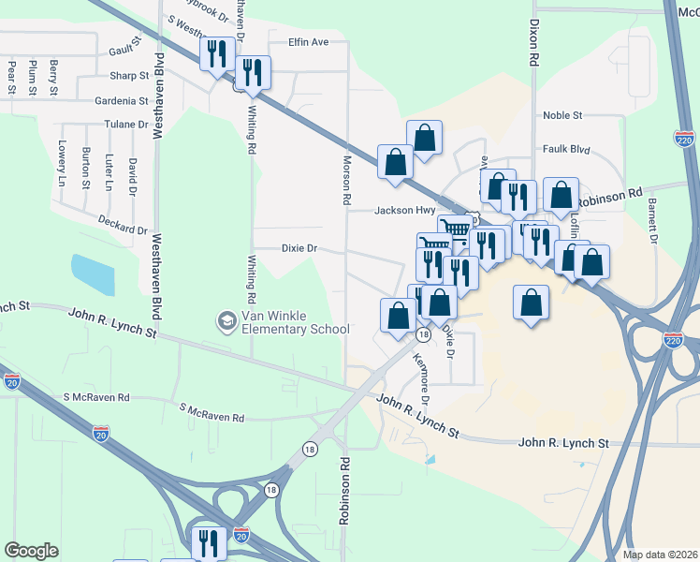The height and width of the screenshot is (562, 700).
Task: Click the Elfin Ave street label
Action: pyautogui.click(x=309, y=42)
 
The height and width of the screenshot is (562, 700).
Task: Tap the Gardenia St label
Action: pyautogui.click(x=122, y=100)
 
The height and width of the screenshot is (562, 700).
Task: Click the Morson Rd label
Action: pyautogui.click(x=345, y=181)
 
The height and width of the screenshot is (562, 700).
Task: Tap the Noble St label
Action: pyautogui.click(x=563, y=115)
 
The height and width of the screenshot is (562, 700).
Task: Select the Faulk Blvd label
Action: pyautogui.click(x=566, y=149)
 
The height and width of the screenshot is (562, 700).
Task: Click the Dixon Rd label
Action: pyautogui.click(x=533, y=45)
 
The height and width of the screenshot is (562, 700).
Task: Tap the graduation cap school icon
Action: pyautogui.click(x=226, y=321)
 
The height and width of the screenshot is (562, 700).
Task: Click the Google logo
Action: pyautogui.click(x=31, y=551)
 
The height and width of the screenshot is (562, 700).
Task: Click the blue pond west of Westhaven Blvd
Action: pyautogui.click(x=94, y=274)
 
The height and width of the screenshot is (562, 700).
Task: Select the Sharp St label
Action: pyautogui.click(x=129, y=76)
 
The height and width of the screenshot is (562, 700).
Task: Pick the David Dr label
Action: pyautogui.click(x=134, y=173)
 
